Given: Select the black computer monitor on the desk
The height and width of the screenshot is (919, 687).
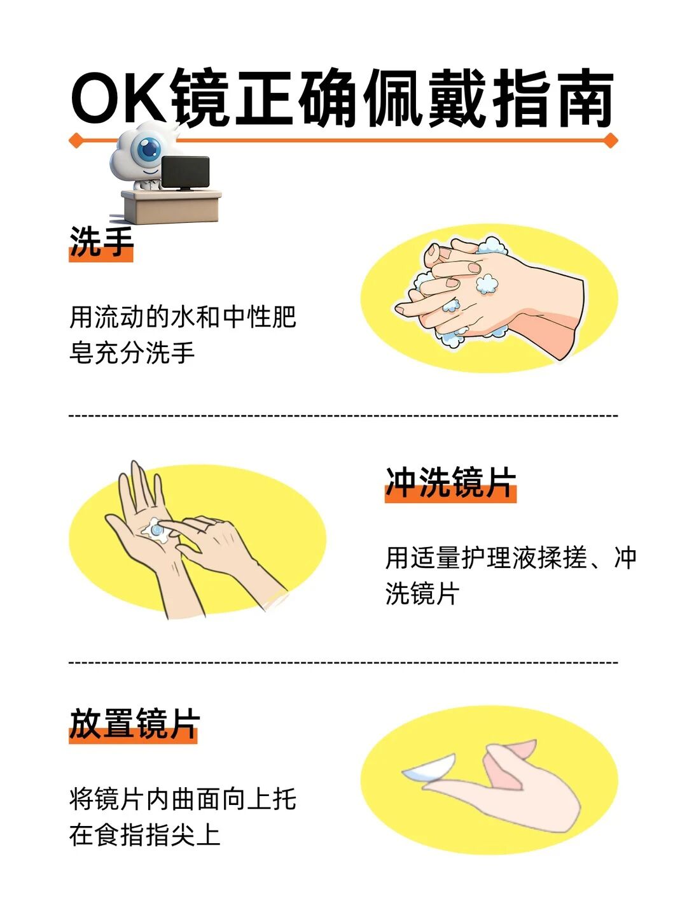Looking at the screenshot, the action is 185,173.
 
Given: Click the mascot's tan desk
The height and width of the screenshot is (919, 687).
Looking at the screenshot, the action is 172,206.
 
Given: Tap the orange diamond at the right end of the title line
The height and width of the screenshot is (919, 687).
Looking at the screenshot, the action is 611,140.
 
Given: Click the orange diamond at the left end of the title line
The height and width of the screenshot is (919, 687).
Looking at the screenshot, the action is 76,140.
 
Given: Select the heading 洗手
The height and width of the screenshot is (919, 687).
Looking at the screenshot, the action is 101,243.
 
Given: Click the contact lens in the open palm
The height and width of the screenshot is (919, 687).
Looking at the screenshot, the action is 156,531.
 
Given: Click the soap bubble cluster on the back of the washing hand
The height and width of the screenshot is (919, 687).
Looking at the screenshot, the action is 487,283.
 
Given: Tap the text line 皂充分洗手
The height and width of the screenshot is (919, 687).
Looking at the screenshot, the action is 132,353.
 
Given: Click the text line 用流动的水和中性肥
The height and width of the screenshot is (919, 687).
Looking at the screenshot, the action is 183,317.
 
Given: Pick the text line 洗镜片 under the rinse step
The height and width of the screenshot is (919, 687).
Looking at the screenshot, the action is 422,594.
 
